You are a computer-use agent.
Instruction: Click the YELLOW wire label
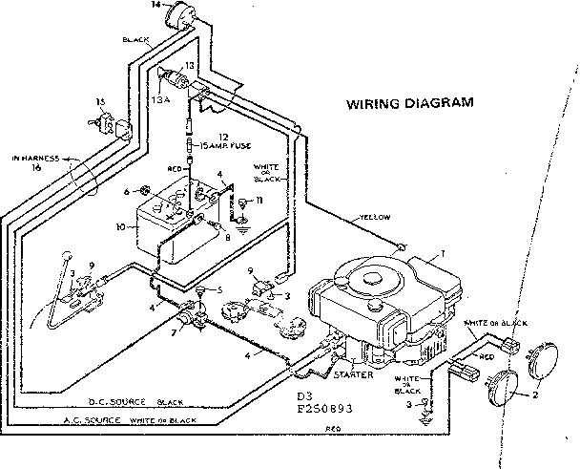375,217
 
